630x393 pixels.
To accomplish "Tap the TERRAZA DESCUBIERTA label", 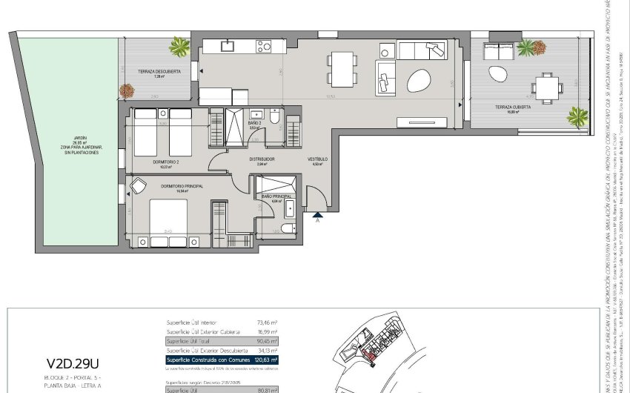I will pos(155,72).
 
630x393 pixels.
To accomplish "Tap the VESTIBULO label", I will pos(317,159).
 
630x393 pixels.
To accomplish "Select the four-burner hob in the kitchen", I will pos(264,46).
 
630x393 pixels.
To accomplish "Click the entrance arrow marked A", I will pos(318,216).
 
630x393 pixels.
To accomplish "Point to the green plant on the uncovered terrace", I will pos(179,47).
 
